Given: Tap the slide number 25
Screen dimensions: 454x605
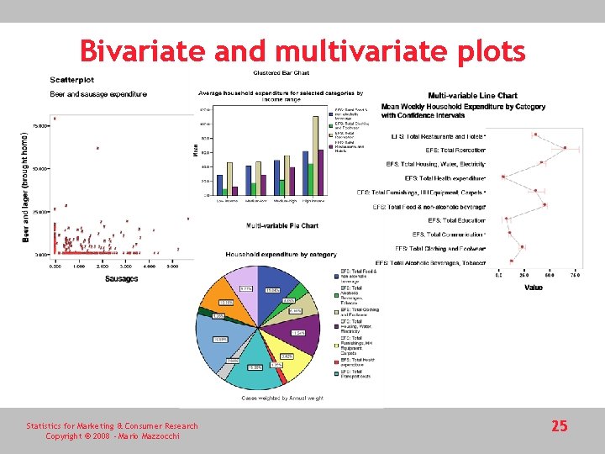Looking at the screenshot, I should coord(559,426).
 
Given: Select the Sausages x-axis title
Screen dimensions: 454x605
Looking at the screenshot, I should coord(121,278).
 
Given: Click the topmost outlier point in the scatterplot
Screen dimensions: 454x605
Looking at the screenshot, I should coord(55,119).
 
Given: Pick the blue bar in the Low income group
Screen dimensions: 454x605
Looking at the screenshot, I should coord(219,185).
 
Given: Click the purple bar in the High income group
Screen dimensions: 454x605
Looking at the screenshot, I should coord(319,172).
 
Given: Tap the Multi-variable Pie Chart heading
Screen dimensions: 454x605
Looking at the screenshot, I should coord(281,225).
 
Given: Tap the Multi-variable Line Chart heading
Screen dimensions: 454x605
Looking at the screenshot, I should coord(472,96).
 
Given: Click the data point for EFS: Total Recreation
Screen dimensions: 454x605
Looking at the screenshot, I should coord(565,149).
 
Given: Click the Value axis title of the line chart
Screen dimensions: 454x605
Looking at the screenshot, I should coord(533,288).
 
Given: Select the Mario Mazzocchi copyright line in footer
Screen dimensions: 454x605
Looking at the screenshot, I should coord(112,436).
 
